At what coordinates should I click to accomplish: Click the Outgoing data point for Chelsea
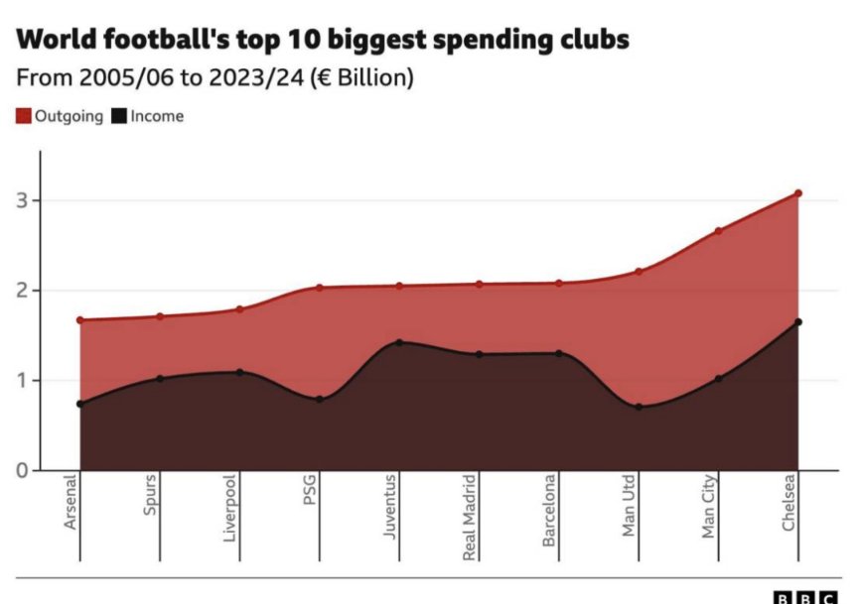(797, 193)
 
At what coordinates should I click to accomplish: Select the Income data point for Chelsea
(797, 321)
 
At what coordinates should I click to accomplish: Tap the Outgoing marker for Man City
(718, 231)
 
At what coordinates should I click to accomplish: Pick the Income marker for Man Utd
(639, 407)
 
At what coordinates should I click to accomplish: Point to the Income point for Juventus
(399, 342)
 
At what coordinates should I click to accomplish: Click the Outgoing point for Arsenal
(79, 320)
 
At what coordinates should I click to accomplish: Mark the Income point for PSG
(319, 399)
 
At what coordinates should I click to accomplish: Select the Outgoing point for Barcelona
(558, 283)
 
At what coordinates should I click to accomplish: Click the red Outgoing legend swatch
(23, 116)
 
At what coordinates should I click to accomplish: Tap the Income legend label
(157, 116)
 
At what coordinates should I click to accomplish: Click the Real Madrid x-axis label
(470, 518)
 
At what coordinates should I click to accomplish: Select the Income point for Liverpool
(239, 372)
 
